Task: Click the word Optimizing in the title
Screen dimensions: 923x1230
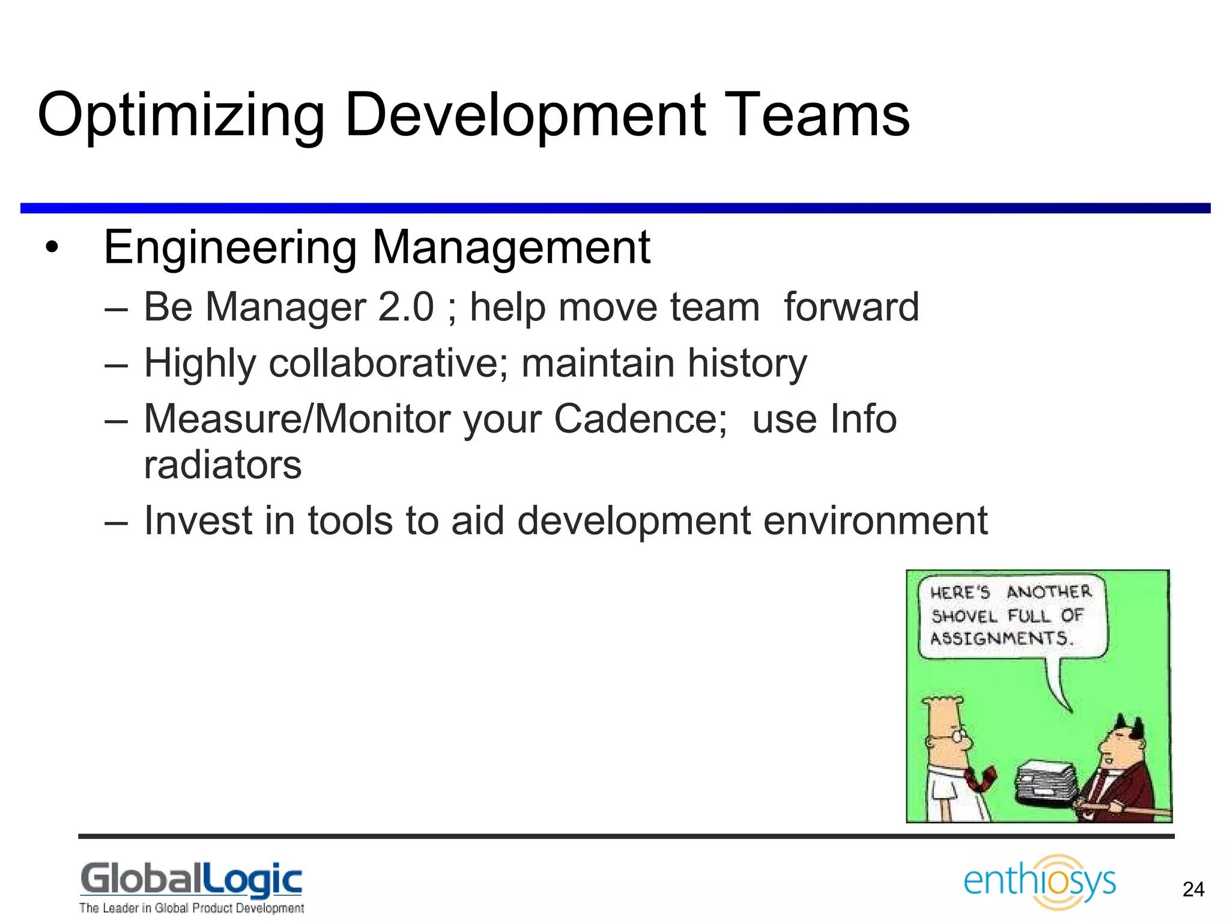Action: click(x=180, y=115)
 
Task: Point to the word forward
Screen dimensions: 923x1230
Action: click(x=851, y=307)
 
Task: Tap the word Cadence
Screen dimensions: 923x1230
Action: click(x=640, y=419)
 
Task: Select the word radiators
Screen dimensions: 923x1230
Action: click(x=222, y=465)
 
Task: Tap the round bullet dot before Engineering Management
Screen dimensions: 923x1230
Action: click(x=52, y=248)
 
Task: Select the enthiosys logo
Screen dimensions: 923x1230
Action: click(x=1040, y=882)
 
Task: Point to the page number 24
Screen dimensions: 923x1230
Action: click(x=1193, y=889)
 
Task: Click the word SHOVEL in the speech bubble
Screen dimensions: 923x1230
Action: click(x=964, y=617)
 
